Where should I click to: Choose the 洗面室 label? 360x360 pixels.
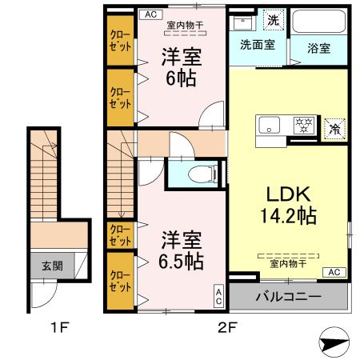pos(257,45)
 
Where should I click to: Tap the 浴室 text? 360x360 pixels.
pos(318,47)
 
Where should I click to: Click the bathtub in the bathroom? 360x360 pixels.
pos(319,23)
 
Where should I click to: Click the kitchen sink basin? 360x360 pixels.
pos(269,126)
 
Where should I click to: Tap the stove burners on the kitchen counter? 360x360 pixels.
pos(303,126)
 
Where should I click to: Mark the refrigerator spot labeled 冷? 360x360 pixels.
pos(336,126)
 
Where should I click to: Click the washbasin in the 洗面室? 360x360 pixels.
pos(242,22)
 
